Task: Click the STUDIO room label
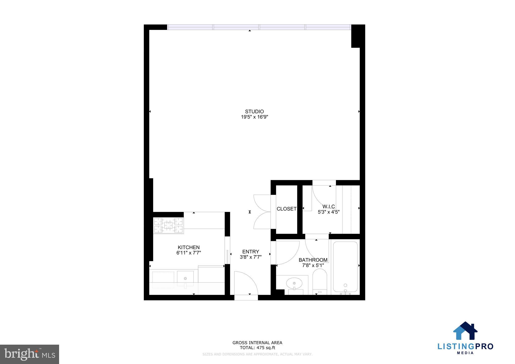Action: [x=254, y=111]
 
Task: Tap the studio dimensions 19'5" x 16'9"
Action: [x=254, y=117]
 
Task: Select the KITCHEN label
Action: [x=189, y=247]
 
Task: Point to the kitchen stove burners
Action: [x=168, y=225]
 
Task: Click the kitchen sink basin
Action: [x=185, y=278]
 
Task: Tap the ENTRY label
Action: [x=250, y=252]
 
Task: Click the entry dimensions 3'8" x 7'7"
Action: [x=251, y=257]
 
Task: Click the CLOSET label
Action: [x=286, y=209]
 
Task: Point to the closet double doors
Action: [x=262, y=212]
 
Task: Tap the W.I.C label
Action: [x=328, y=207]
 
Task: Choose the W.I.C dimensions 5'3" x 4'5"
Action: [x=328, y=212]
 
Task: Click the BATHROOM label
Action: [x=313, y=260]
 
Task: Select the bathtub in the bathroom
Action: [x=345, y=266]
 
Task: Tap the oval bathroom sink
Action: [x=294, y=283]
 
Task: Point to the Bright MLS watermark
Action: [x=30, y=354]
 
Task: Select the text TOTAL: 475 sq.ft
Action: [x=257, y=348]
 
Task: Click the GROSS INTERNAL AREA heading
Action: [x=257, y=343]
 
